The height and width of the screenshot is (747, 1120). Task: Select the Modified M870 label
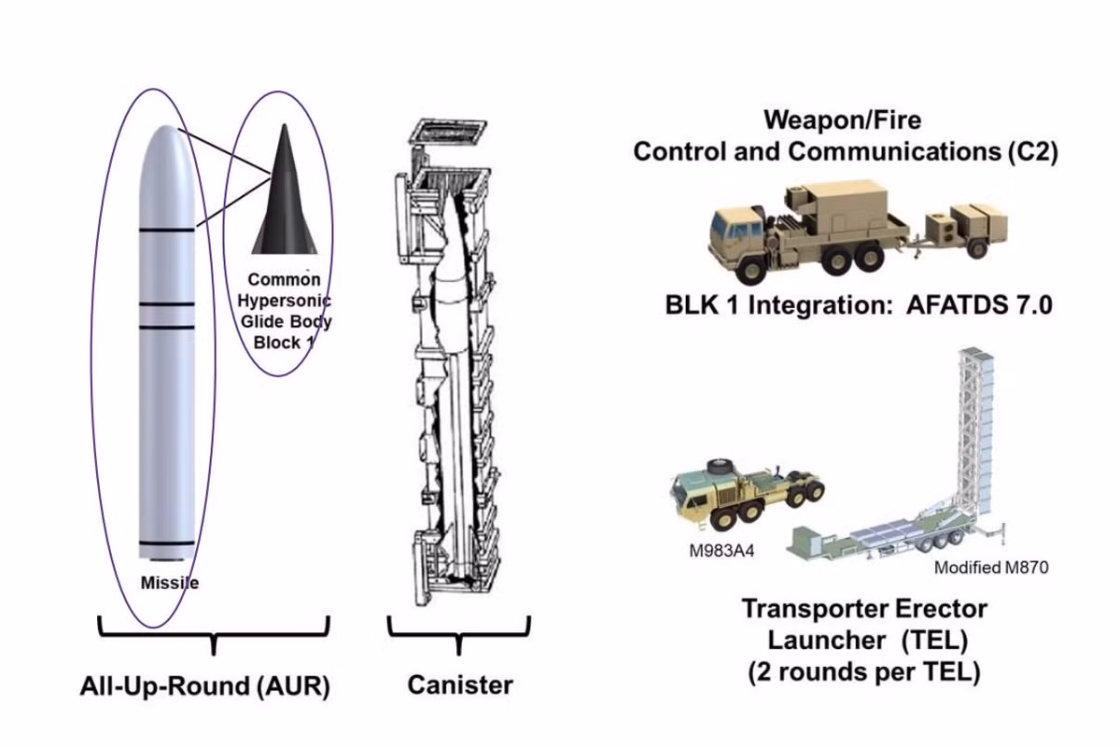991,568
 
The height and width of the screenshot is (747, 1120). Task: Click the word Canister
460,684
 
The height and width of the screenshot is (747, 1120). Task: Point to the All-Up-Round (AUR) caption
205,687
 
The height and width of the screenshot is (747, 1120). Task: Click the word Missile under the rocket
169,584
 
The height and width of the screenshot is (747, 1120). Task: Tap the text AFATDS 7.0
979,304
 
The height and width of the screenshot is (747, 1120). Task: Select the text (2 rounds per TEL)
863,672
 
